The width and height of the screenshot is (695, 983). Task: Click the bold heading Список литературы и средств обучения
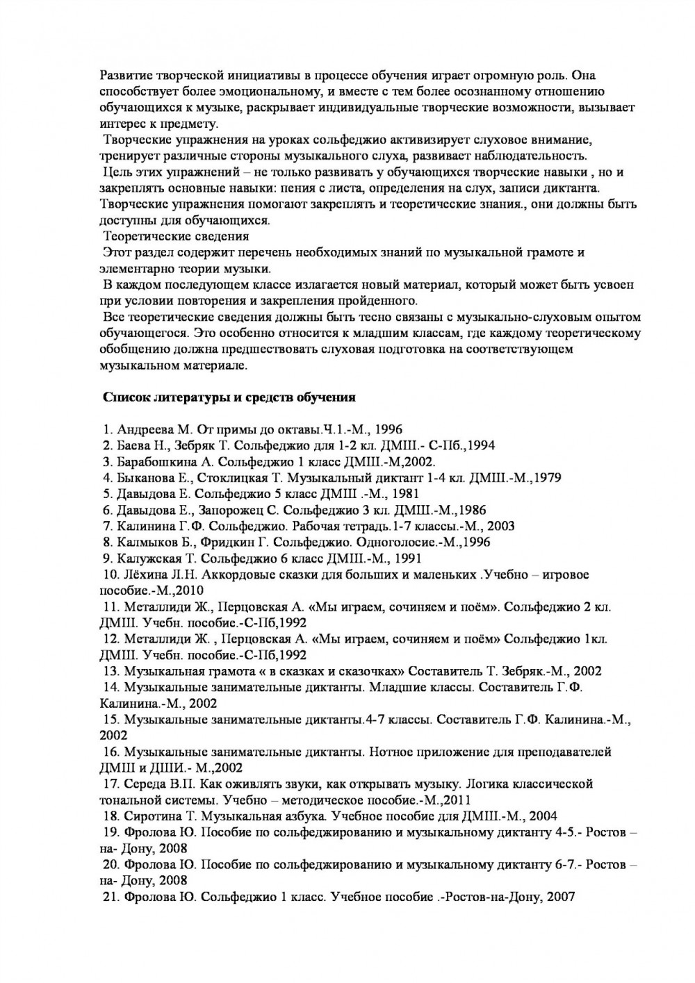click(x=229, y=398)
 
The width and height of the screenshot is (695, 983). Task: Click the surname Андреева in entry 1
click(x=143, y=429)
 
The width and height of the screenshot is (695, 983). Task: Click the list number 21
click(x=111, y=897)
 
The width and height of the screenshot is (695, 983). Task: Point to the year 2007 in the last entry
click(x=561, y=897)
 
